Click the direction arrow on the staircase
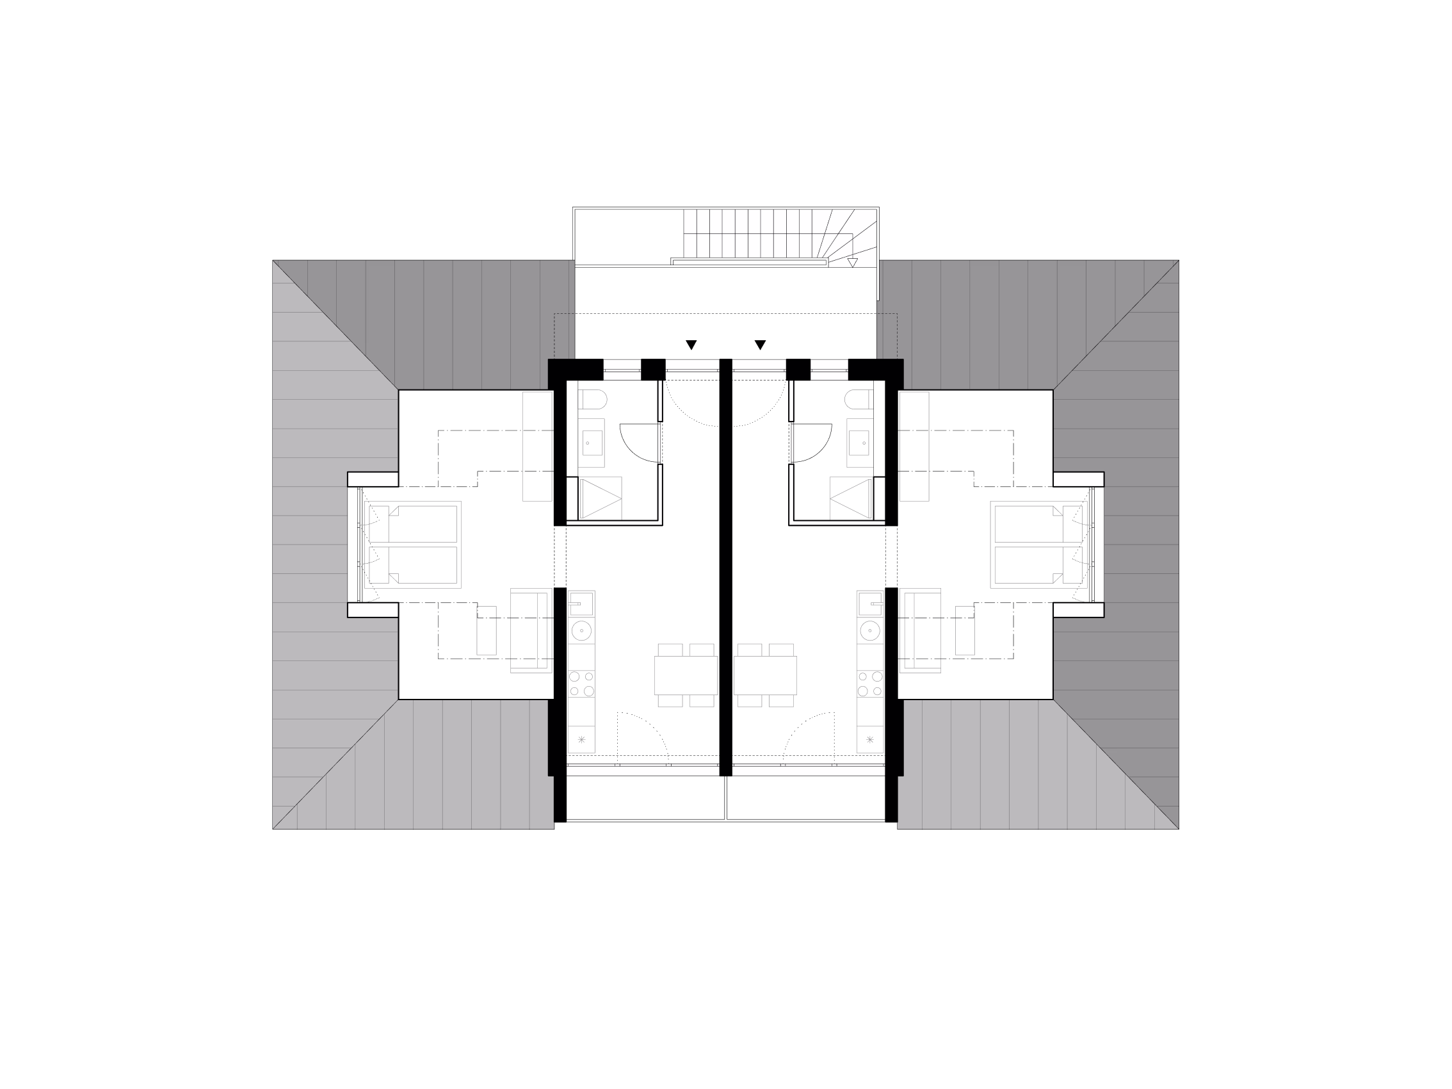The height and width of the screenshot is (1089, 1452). [852, 263]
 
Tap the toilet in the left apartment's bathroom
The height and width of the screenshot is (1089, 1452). [592, 399]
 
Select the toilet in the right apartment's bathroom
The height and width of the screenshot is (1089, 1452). [859, 399]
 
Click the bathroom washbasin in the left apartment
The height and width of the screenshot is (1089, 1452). [592, 443]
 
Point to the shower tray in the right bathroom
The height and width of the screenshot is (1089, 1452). [851, 498]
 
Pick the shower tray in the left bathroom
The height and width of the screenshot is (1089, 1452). [600, 498]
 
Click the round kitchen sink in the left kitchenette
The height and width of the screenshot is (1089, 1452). [581, 630]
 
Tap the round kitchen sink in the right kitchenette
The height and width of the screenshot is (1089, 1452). [870, 630]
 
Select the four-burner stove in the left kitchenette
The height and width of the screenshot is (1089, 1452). [581, 683]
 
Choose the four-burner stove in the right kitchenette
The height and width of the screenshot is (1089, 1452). [870, 683]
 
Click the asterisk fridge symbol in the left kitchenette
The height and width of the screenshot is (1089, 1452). [581, 740]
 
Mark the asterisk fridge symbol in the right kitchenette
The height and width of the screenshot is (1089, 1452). [870, 740]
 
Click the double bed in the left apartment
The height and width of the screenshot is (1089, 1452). [413, 544]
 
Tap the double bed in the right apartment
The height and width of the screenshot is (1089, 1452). [1038, 544]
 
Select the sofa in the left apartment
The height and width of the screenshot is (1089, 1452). [531, 630]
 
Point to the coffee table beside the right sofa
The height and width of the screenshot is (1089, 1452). [964, 630]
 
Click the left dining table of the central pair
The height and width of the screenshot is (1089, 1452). [686, 675]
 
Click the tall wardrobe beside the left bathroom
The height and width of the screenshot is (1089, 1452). [537, 446]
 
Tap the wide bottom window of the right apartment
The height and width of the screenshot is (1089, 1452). [809, 770]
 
